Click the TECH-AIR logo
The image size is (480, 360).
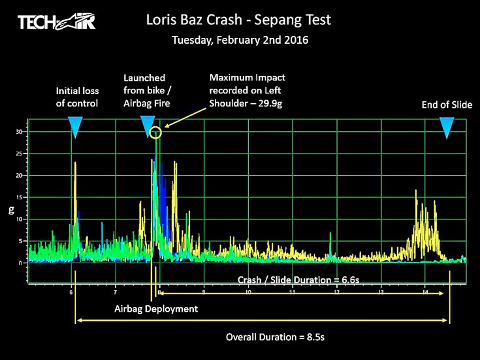57,22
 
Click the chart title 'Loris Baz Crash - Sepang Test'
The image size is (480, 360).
239,20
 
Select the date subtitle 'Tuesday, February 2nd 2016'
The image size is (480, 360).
240,40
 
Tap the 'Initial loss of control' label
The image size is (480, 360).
77,97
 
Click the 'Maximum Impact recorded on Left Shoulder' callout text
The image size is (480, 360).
247,90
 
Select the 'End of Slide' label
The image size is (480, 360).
447,104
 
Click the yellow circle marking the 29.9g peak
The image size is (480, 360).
155,133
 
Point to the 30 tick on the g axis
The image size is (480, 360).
21,132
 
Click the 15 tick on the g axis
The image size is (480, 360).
21,197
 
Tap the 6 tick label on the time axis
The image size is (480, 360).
71,292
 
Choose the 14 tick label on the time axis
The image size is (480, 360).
424,292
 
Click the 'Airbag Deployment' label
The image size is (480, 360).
155,308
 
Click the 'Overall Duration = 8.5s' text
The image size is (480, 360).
275,337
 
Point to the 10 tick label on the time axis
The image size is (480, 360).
248,292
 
